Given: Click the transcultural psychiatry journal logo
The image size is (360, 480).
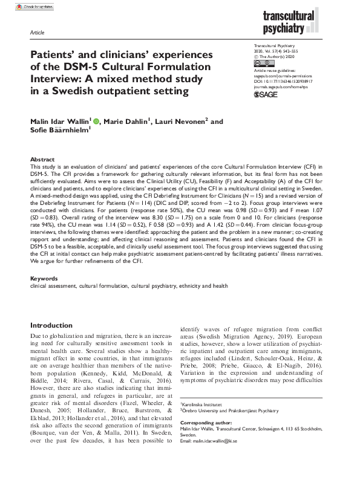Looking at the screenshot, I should click(297, 24).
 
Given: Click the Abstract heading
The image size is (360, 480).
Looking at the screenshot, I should click(42, 158).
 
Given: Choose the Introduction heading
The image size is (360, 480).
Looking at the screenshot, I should click(51, 325).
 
